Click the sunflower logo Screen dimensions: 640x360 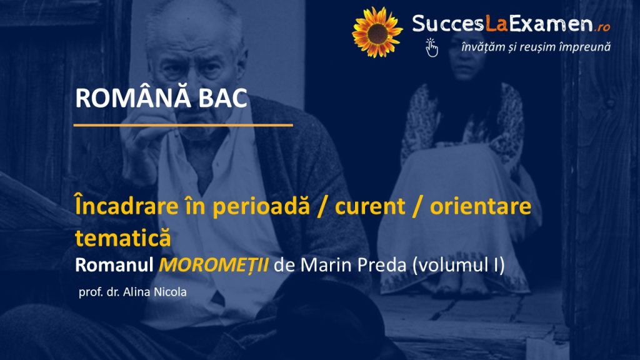pos(377,32)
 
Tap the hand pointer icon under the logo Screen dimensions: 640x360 pos(431,47)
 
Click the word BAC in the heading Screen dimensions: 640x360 pos(223,98)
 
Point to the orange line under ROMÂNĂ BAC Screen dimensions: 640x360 pos(183,125)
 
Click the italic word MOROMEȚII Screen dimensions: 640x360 pos(214,264)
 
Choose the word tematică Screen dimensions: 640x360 pos(123,238)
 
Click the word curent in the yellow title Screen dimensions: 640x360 pos(370,206)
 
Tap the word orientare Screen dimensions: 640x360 pos(481,206)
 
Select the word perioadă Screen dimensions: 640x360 pos(261,207)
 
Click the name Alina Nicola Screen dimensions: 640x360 pos(155,292)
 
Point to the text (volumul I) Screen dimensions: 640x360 pos(458,265)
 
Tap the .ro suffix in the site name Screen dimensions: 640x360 pos(602,27)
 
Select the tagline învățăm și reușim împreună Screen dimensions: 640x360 pos(536,47)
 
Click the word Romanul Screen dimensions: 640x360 pos(114,265)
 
